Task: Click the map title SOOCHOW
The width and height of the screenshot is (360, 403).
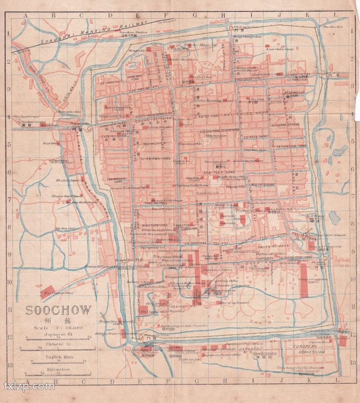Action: tap(58, 310)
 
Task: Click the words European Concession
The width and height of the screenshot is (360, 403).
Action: tap(309, 350)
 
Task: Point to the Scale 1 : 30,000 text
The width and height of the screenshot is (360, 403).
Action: tap(58, 328)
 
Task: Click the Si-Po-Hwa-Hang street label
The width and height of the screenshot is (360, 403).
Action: tap(155, 159)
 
